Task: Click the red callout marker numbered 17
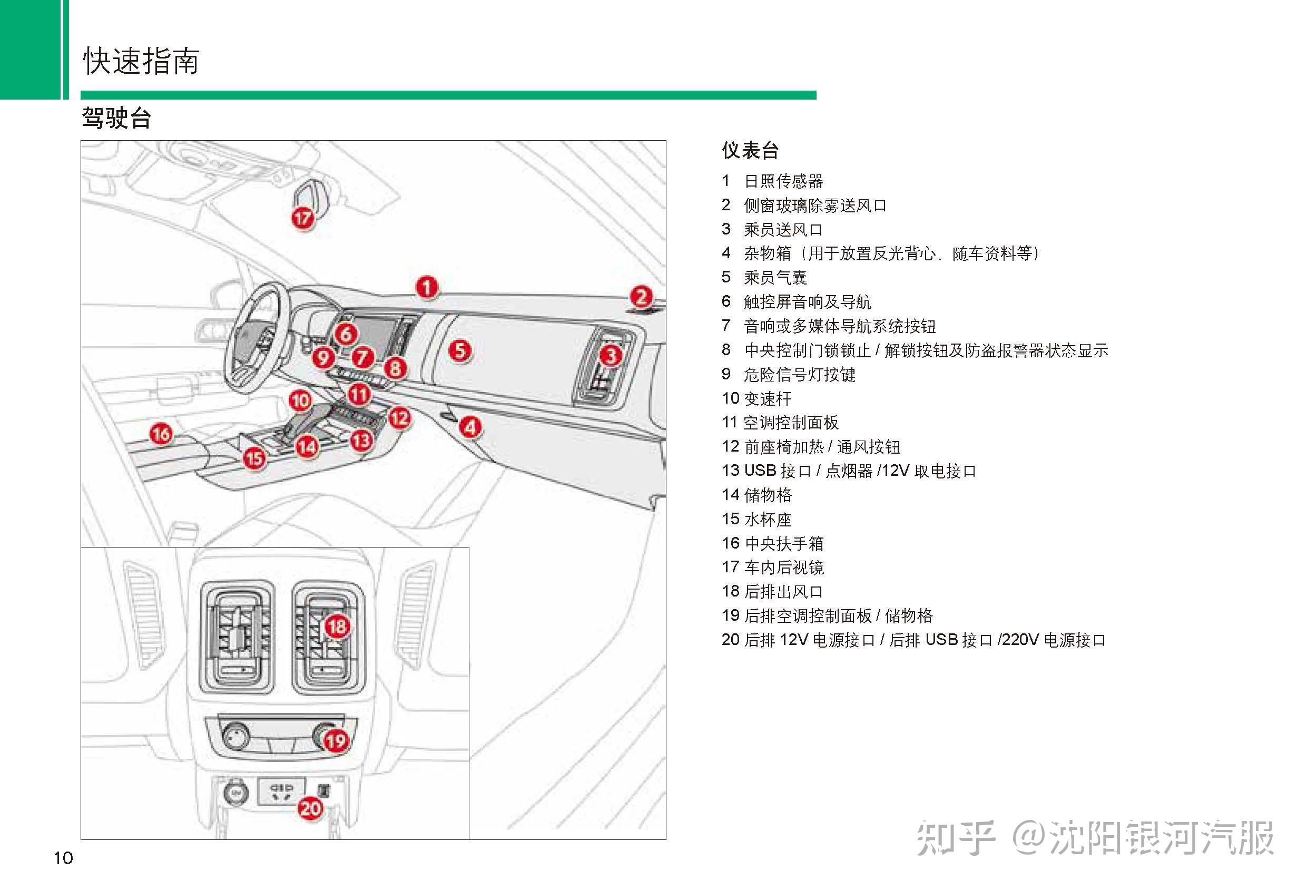302,218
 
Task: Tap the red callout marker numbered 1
427,287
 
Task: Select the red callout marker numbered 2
641,297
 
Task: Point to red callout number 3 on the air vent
611,355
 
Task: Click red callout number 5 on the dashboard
460,350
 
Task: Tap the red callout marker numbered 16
161,434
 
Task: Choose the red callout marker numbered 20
310,808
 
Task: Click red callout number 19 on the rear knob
336,740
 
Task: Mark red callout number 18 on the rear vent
338,626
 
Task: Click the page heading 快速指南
141,61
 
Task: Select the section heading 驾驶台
116,118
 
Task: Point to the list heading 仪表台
750,150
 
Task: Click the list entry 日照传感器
783,181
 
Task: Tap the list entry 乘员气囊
775,277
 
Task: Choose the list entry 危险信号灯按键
799,374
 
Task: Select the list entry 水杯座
767,519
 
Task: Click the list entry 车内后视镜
783,567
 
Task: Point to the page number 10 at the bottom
63,857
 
